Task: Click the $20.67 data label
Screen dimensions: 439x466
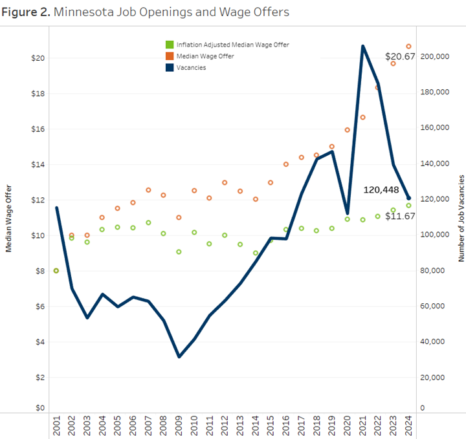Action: (x=400, y=57)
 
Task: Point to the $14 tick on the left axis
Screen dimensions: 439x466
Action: (x=38, y=164)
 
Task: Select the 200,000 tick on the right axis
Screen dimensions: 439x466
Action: (x=435, y=57)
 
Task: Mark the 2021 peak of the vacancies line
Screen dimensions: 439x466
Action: (x=362, y=46)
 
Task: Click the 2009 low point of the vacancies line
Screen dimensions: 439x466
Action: (x=179, y=356)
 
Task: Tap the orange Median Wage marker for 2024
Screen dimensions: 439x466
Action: (x=408, y=46)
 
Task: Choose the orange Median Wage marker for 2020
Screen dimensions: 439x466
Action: (x=347, y=130)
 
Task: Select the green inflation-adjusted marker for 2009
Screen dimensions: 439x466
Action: (x=179, y=252)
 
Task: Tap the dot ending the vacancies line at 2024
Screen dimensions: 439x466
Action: (x=408, y=198)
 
